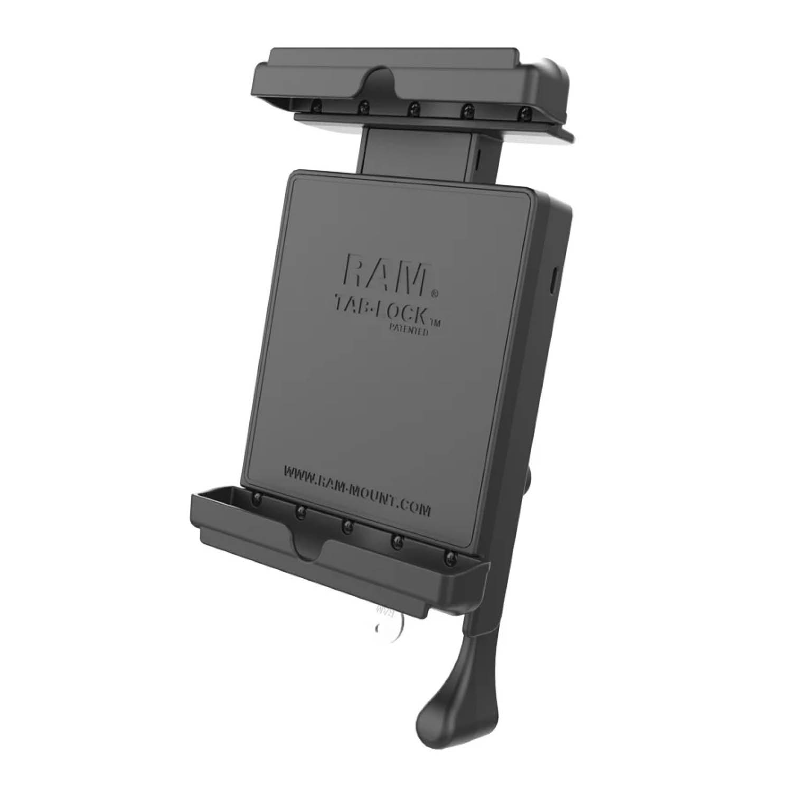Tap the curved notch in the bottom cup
[310, 549]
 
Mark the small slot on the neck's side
[478, 156]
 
